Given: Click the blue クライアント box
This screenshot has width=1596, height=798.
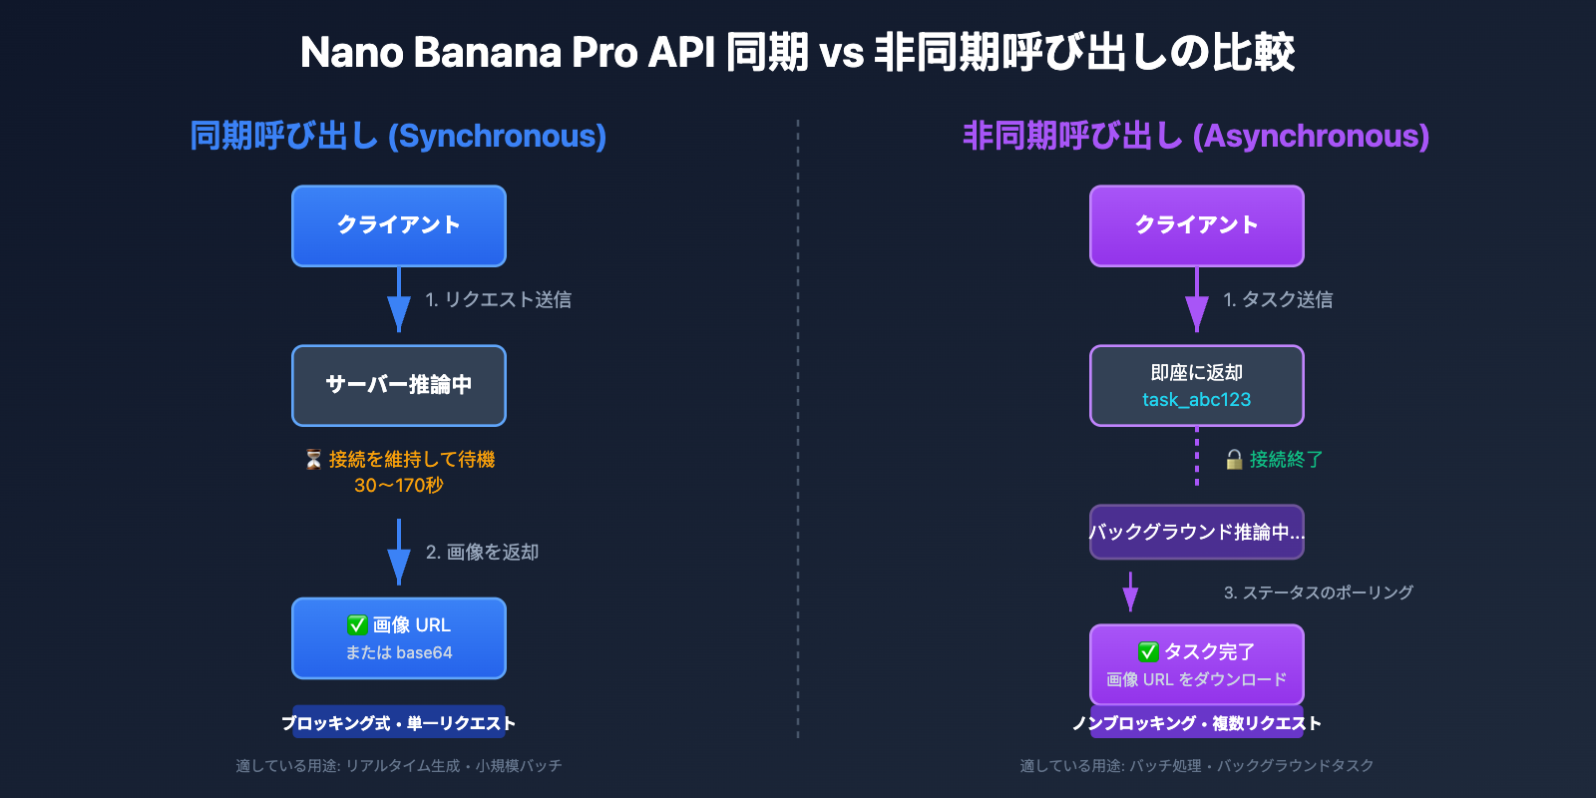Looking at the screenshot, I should click(399, 225).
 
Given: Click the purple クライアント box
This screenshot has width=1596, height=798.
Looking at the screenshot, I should click(1196, 225).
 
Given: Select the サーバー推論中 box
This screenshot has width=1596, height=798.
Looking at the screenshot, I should click(399, 385).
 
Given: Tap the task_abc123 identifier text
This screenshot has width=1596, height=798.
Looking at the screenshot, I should click(1196, 400).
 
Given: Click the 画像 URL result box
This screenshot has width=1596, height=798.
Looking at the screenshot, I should click(399, 638).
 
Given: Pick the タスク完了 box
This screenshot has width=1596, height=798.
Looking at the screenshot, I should click(1196, 664).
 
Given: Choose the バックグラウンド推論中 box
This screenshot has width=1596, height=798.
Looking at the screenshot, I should click(1196, 532).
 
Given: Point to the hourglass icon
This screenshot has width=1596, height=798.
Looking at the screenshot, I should click(313, 459).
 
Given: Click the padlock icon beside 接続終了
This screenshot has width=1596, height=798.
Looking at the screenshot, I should click(1234, 459).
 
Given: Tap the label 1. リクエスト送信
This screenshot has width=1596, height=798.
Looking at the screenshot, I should click(498, 299).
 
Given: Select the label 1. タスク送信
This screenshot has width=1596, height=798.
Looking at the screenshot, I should click(1278, 299).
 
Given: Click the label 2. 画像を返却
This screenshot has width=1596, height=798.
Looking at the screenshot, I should click(482, 552).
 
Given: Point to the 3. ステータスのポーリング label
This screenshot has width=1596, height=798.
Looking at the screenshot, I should click(1318, 593).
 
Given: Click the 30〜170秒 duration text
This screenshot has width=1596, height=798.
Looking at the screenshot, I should click(399, 486).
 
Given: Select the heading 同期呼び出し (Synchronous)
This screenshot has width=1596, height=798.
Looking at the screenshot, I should click(398, 136).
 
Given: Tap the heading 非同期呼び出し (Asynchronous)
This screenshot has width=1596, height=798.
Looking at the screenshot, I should click(1195, 136).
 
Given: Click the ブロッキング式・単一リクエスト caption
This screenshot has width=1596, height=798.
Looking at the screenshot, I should click(399, 723).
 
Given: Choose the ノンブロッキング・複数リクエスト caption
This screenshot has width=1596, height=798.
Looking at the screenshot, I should click(1196, 723).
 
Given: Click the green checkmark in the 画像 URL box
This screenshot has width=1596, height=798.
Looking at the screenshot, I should click(357, 624).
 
